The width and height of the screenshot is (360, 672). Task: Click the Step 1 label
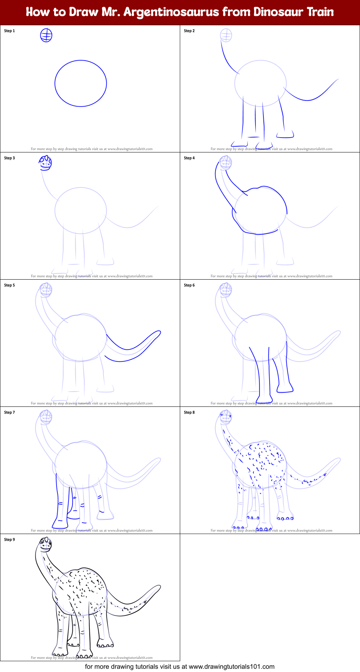coord(9,31)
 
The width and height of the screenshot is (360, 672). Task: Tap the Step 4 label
coord(189,158)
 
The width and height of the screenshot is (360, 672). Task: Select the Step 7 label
coord(9,412)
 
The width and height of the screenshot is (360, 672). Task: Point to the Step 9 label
coord(9,539)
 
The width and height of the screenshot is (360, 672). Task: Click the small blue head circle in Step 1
coord(46,35)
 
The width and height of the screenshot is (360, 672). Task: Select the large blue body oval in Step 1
coord(81,83)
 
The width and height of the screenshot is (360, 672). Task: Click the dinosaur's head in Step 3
coord(45,163)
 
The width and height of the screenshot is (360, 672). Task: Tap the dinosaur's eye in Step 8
coord(222,415)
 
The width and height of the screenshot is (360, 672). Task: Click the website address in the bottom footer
coord(231,667)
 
